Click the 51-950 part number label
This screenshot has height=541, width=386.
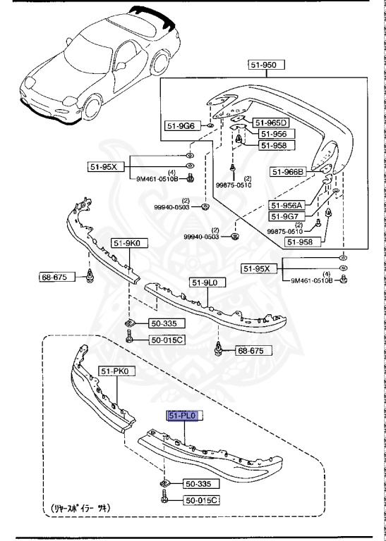click(265, 65)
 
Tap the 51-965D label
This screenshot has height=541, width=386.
click(272, 122)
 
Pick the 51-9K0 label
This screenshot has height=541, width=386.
click(126, 244)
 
